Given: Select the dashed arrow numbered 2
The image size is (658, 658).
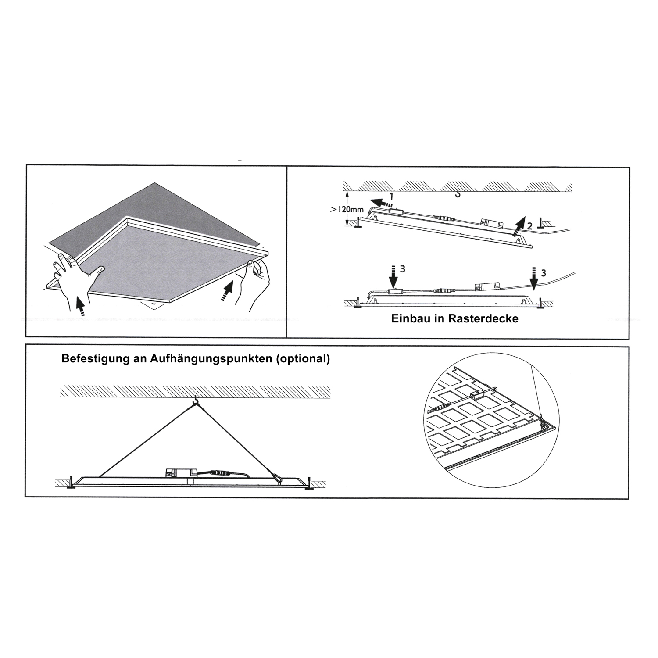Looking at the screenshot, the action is tap(519, 226).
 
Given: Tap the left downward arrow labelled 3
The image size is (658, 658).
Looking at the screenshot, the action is tap(393, 278).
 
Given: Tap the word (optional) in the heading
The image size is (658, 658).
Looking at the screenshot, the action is tap(303, 358).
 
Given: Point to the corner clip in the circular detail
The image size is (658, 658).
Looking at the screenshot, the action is tap(542, 422).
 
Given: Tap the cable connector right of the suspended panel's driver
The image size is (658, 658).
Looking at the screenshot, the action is tap(218, 473).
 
